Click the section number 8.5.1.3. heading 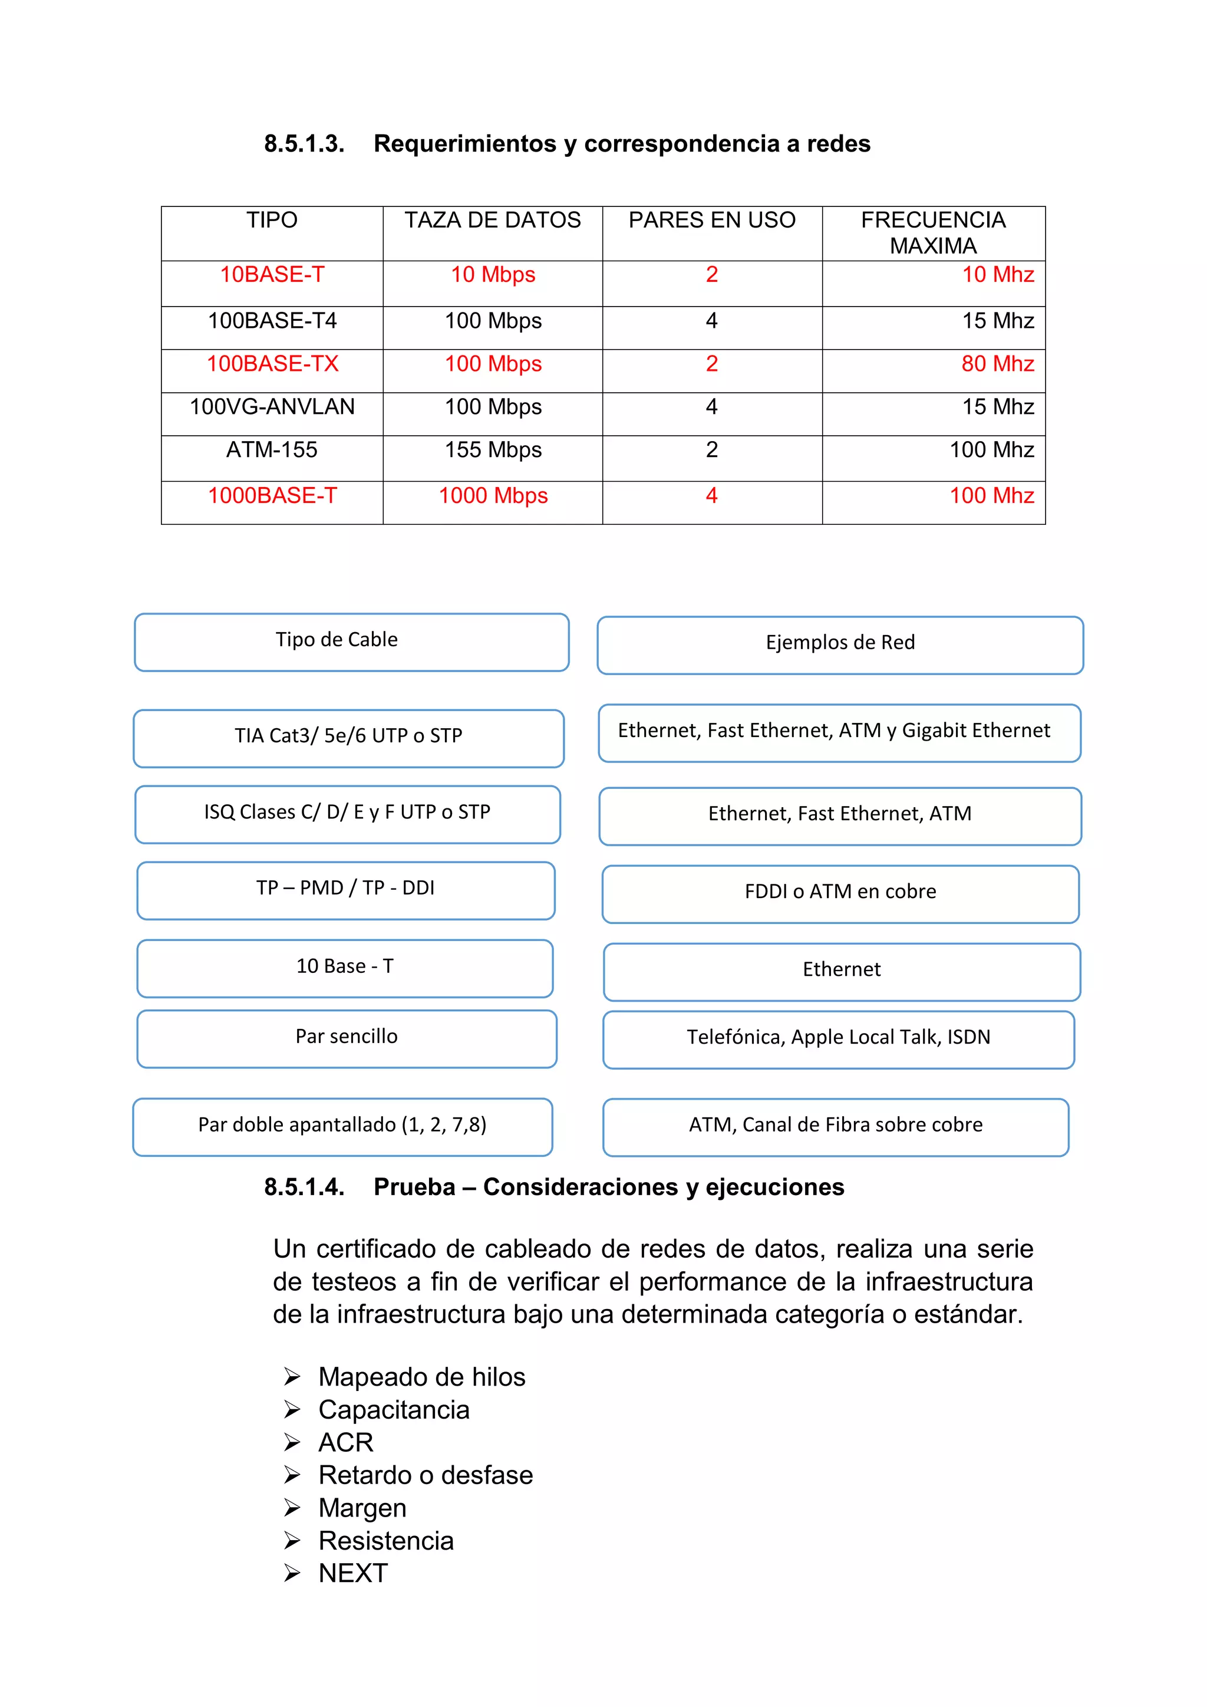(x=304, y=143)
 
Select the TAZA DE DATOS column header (x=492, y=220)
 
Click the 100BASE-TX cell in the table (x=272, y=364)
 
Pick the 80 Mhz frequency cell (x=997, y=364)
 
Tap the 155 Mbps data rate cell (x=493, y=450)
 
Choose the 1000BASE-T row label (x=272, y=495)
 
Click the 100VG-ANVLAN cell (x=272, y=407)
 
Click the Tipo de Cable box (x=351, y=642)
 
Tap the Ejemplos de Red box (x=840, y=644)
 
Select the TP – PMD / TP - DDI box (x=345, y=889)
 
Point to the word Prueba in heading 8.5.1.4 (x=414, y=1188)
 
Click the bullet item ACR (x=345, y=1442)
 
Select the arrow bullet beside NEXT (x=292, y=1573)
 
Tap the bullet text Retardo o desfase (x=425, y=1475)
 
